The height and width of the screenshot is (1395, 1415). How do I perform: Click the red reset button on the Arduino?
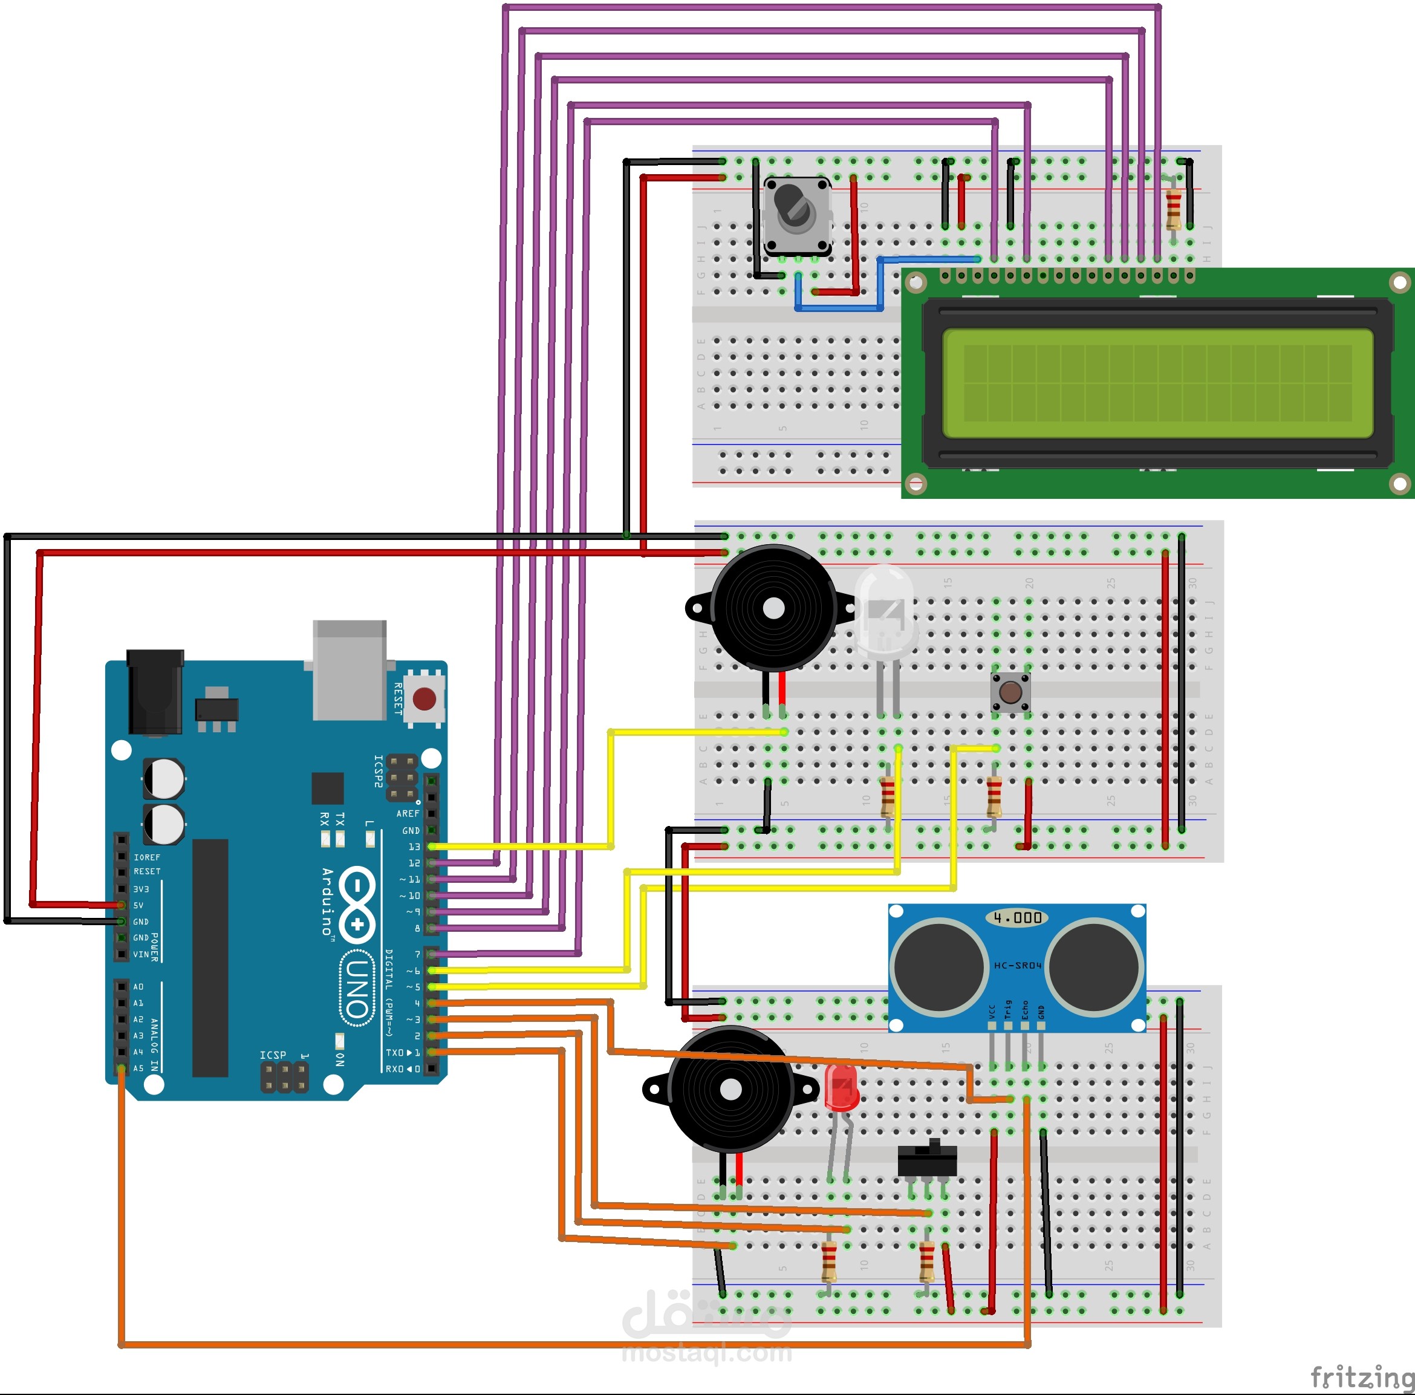point(424,698)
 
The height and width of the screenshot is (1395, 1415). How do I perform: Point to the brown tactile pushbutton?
point(1010,692)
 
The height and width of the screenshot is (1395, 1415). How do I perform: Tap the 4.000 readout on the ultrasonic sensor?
point(1017,917)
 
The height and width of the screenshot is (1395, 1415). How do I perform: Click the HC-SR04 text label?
point(1017,965)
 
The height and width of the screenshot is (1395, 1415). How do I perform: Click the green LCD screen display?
point(1157,383)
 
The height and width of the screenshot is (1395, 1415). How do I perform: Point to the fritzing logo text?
point(1362,1377)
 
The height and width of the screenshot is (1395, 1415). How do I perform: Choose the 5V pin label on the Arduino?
point(138,905)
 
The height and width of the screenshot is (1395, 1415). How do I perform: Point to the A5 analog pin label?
point(138,1068)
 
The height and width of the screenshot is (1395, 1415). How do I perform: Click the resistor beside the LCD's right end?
point(1173,209)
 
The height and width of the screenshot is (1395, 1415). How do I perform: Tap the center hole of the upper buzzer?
point(773,608)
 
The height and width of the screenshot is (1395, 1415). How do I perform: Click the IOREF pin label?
point(146,857)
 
